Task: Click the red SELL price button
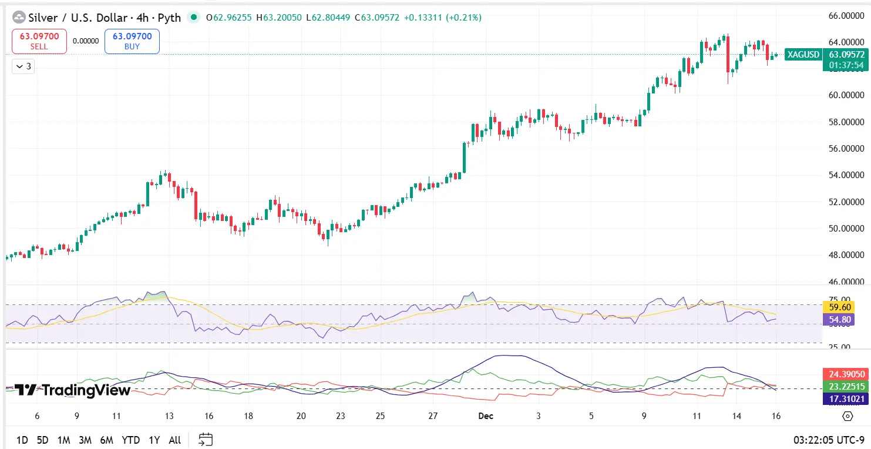(39, 41)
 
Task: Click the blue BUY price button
(132, 41)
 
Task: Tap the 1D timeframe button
(22, 440)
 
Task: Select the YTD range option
(130, 440)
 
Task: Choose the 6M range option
(106, 440)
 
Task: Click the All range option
(174, 440)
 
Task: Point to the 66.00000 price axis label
(846, 15)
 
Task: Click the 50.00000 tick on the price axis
(846, 228)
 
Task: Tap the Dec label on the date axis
(485, 416)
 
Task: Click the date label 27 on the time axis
(433, 416)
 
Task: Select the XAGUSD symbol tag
(803, 55)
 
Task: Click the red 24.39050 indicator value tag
(846, 374)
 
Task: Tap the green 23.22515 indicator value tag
(846, 386)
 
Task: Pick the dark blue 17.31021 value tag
(846, 398)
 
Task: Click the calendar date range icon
(205, 439)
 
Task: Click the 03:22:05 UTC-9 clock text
(828, 440)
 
